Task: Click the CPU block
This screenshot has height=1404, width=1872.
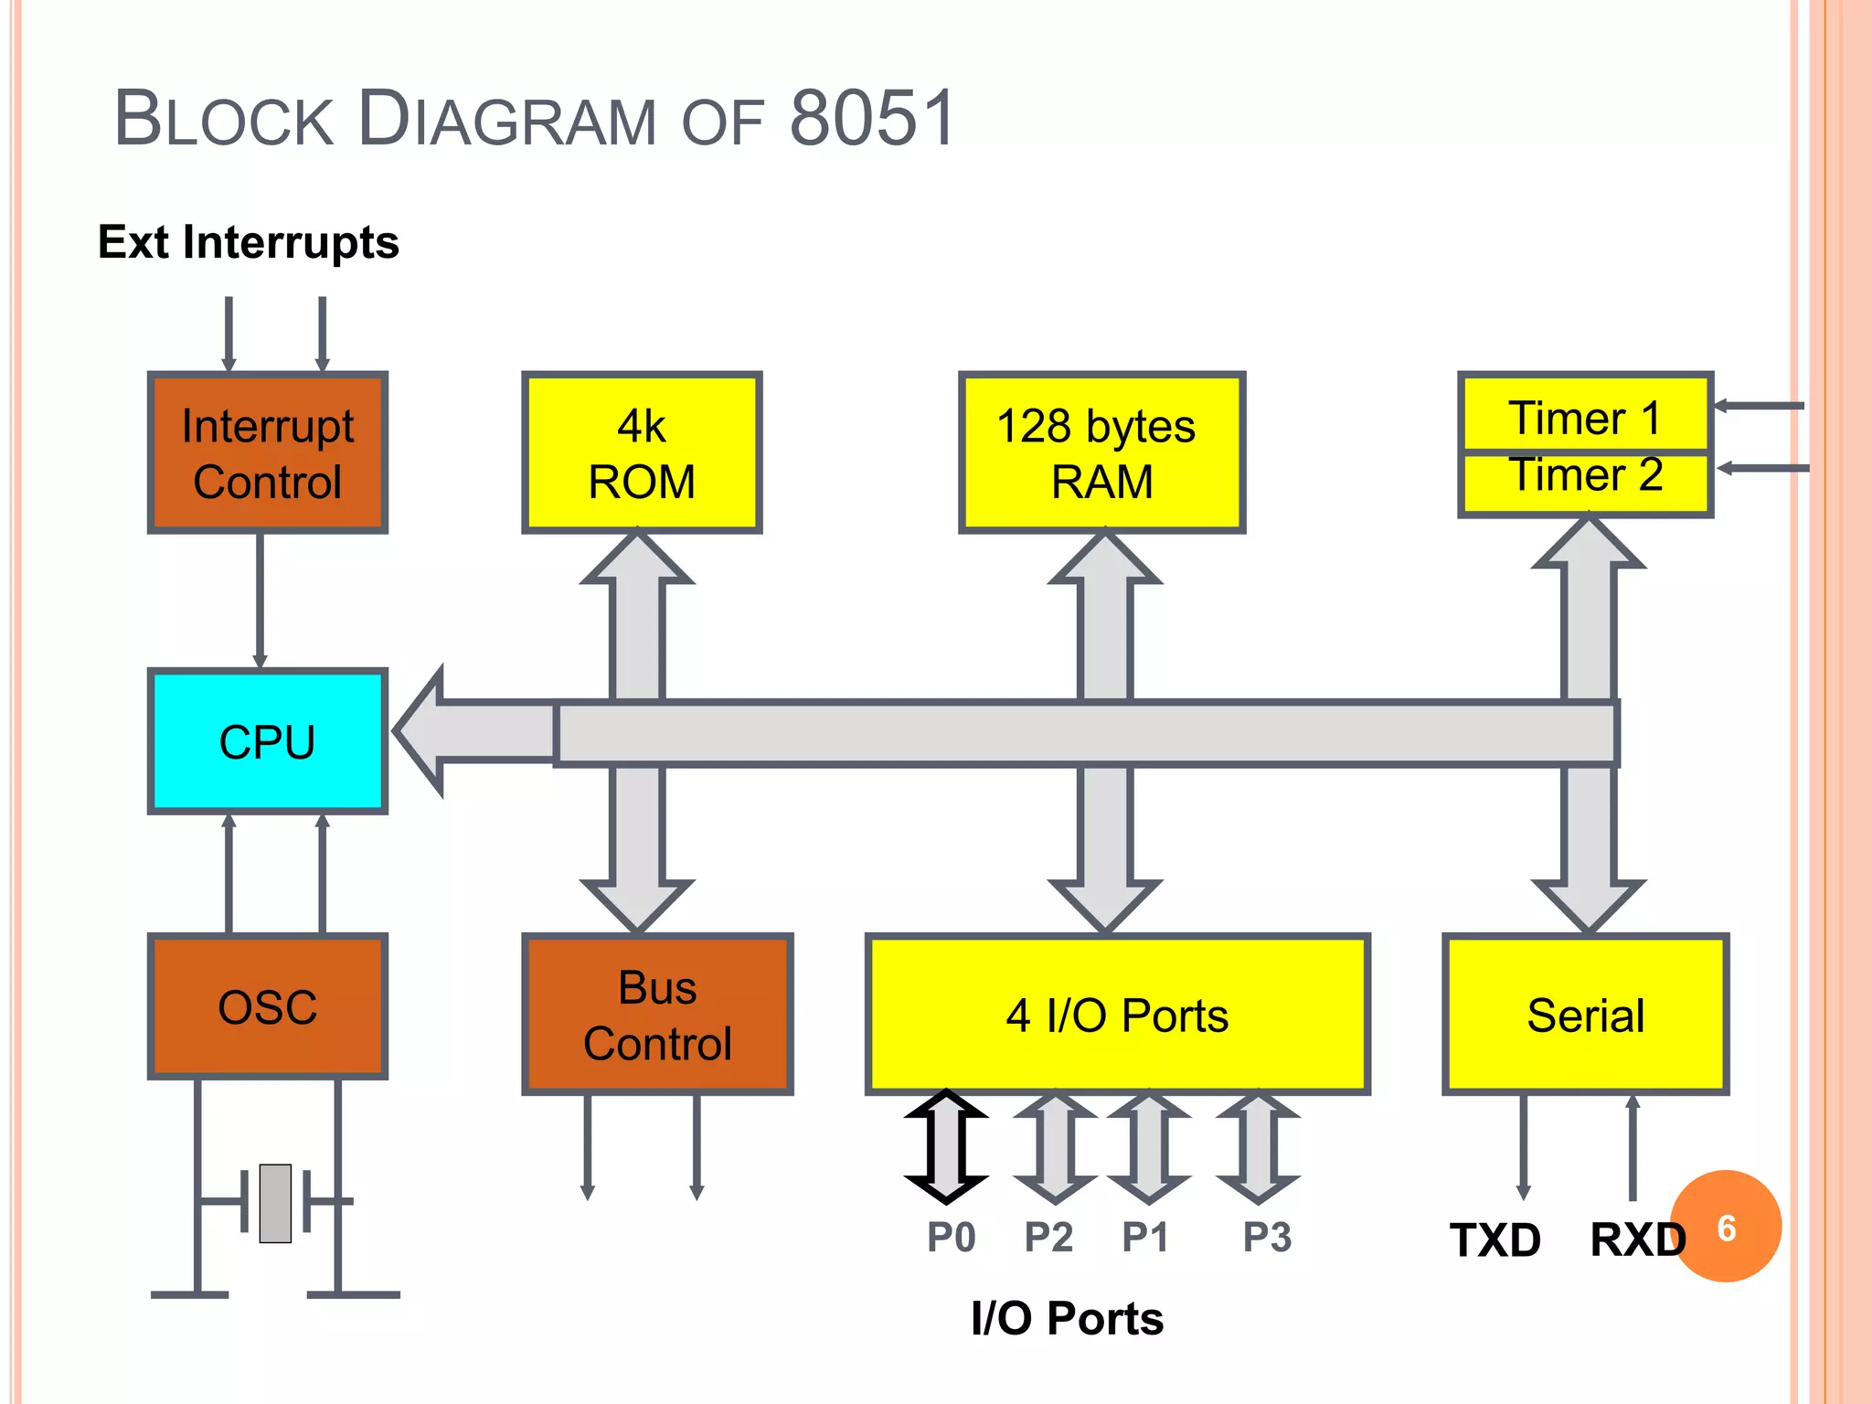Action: (x=267, y=741)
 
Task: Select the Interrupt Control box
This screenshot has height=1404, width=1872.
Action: (x=267, y=452)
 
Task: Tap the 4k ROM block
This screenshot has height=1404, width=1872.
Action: (x=642, y=452)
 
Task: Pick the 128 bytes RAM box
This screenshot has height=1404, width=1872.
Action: (x=1101, y=452)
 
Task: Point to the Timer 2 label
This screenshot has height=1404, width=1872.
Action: (x=1584, y=476)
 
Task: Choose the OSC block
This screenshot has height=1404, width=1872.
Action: (x=267, y=1006)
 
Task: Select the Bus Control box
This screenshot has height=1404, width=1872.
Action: (x=657, y=1015)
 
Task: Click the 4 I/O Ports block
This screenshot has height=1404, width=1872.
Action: (x=1117, y=1015)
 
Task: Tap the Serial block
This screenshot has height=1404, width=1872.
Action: (x=1585, y=1015)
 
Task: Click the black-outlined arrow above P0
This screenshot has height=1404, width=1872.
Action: (x=946, y=1146)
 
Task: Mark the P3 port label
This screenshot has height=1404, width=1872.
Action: (x=1267, y=1237)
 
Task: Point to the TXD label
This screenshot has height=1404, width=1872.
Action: (x=1495, y=1240)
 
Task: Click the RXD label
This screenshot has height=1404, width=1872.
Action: (x=1636, y=1240)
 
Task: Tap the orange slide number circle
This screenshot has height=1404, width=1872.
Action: (x=1727, y=1227)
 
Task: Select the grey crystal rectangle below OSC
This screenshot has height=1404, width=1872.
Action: (x=275, y=1203)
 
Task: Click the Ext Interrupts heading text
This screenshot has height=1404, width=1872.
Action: (x=249, y=242)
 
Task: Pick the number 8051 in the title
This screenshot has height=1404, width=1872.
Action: (x=872, y=119)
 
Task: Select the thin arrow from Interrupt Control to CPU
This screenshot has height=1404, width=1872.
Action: (x=261, y=600)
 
